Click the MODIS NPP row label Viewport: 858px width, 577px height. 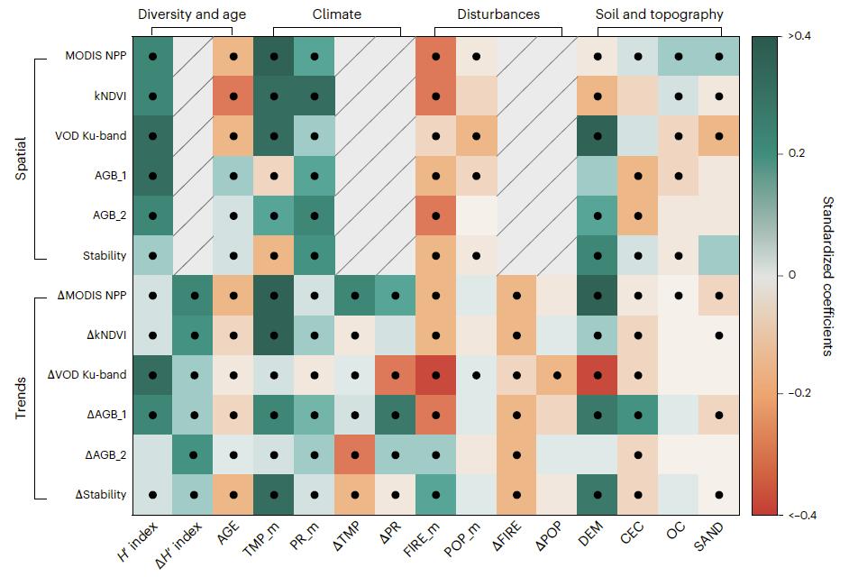(x=95, y=56)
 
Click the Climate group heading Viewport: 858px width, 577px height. (x=336, y=14)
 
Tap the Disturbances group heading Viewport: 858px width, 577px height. (x=498, y=14)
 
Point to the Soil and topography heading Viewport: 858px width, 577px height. (x=659, y=14)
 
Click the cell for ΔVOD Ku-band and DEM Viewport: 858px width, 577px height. (x=598, y=374)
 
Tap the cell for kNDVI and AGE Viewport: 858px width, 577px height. (x=233, y=96)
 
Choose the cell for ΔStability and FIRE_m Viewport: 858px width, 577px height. (x=436, y=494)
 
